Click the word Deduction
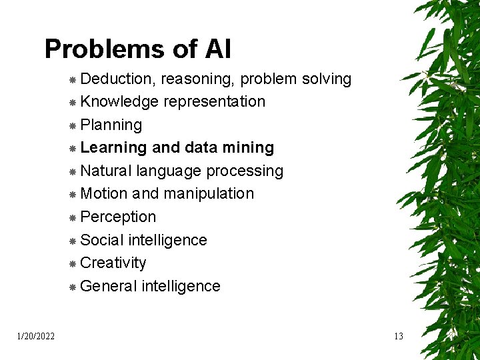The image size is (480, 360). click(x=118, y=79)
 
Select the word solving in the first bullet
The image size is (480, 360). click(x=327, y=79)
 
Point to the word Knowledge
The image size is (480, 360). click(x=119, y=102)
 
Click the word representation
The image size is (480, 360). click(x=214, y=102)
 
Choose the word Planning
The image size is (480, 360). click(x=111, y=125)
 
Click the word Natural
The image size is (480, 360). click(x=106, y=171)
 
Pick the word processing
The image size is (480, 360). click(x=245, y=171)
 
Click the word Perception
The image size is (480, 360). click(x=118, y=217)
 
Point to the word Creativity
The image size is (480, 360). click(x=113, y=263)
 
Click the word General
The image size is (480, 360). click(x=108, y=287)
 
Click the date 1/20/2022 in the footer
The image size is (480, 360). click(x=36, y=336)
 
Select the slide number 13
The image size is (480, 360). click(x=398, y=336)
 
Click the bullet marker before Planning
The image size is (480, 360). click(x=72, y=126)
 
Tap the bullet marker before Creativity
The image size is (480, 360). click(x=72, y=264)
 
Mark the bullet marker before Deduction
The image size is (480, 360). click(x=72, y=80)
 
